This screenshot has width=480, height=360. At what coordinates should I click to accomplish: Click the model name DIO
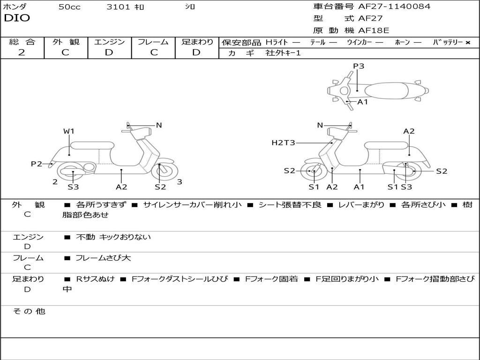coord(17,18)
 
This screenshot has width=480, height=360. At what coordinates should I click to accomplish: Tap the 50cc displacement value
coord(69,7)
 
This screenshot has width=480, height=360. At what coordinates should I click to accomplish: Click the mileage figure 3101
coord(119,7)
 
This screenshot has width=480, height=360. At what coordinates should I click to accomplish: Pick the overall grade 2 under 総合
coord(22,52)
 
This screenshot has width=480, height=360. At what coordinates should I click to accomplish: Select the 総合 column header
coord(22,42)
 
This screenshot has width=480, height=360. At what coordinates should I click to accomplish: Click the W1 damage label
coord(69,131)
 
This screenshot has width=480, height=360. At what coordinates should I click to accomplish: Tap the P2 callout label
coord(37,164)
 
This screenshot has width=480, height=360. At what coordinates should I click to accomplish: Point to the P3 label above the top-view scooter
coord(359,66)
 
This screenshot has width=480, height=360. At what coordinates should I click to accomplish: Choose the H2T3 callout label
coord(283,142)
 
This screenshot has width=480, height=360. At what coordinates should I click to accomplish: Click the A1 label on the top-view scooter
coord(363,102)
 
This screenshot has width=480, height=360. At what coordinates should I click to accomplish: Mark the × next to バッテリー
coord(467,42)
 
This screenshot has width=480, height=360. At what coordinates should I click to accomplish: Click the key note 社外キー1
coord(283,53)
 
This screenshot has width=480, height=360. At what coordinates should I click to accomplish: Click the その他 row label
coord(29,311)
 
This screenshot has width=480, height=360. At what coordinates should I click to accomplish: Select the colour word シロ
coord(190,7)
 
